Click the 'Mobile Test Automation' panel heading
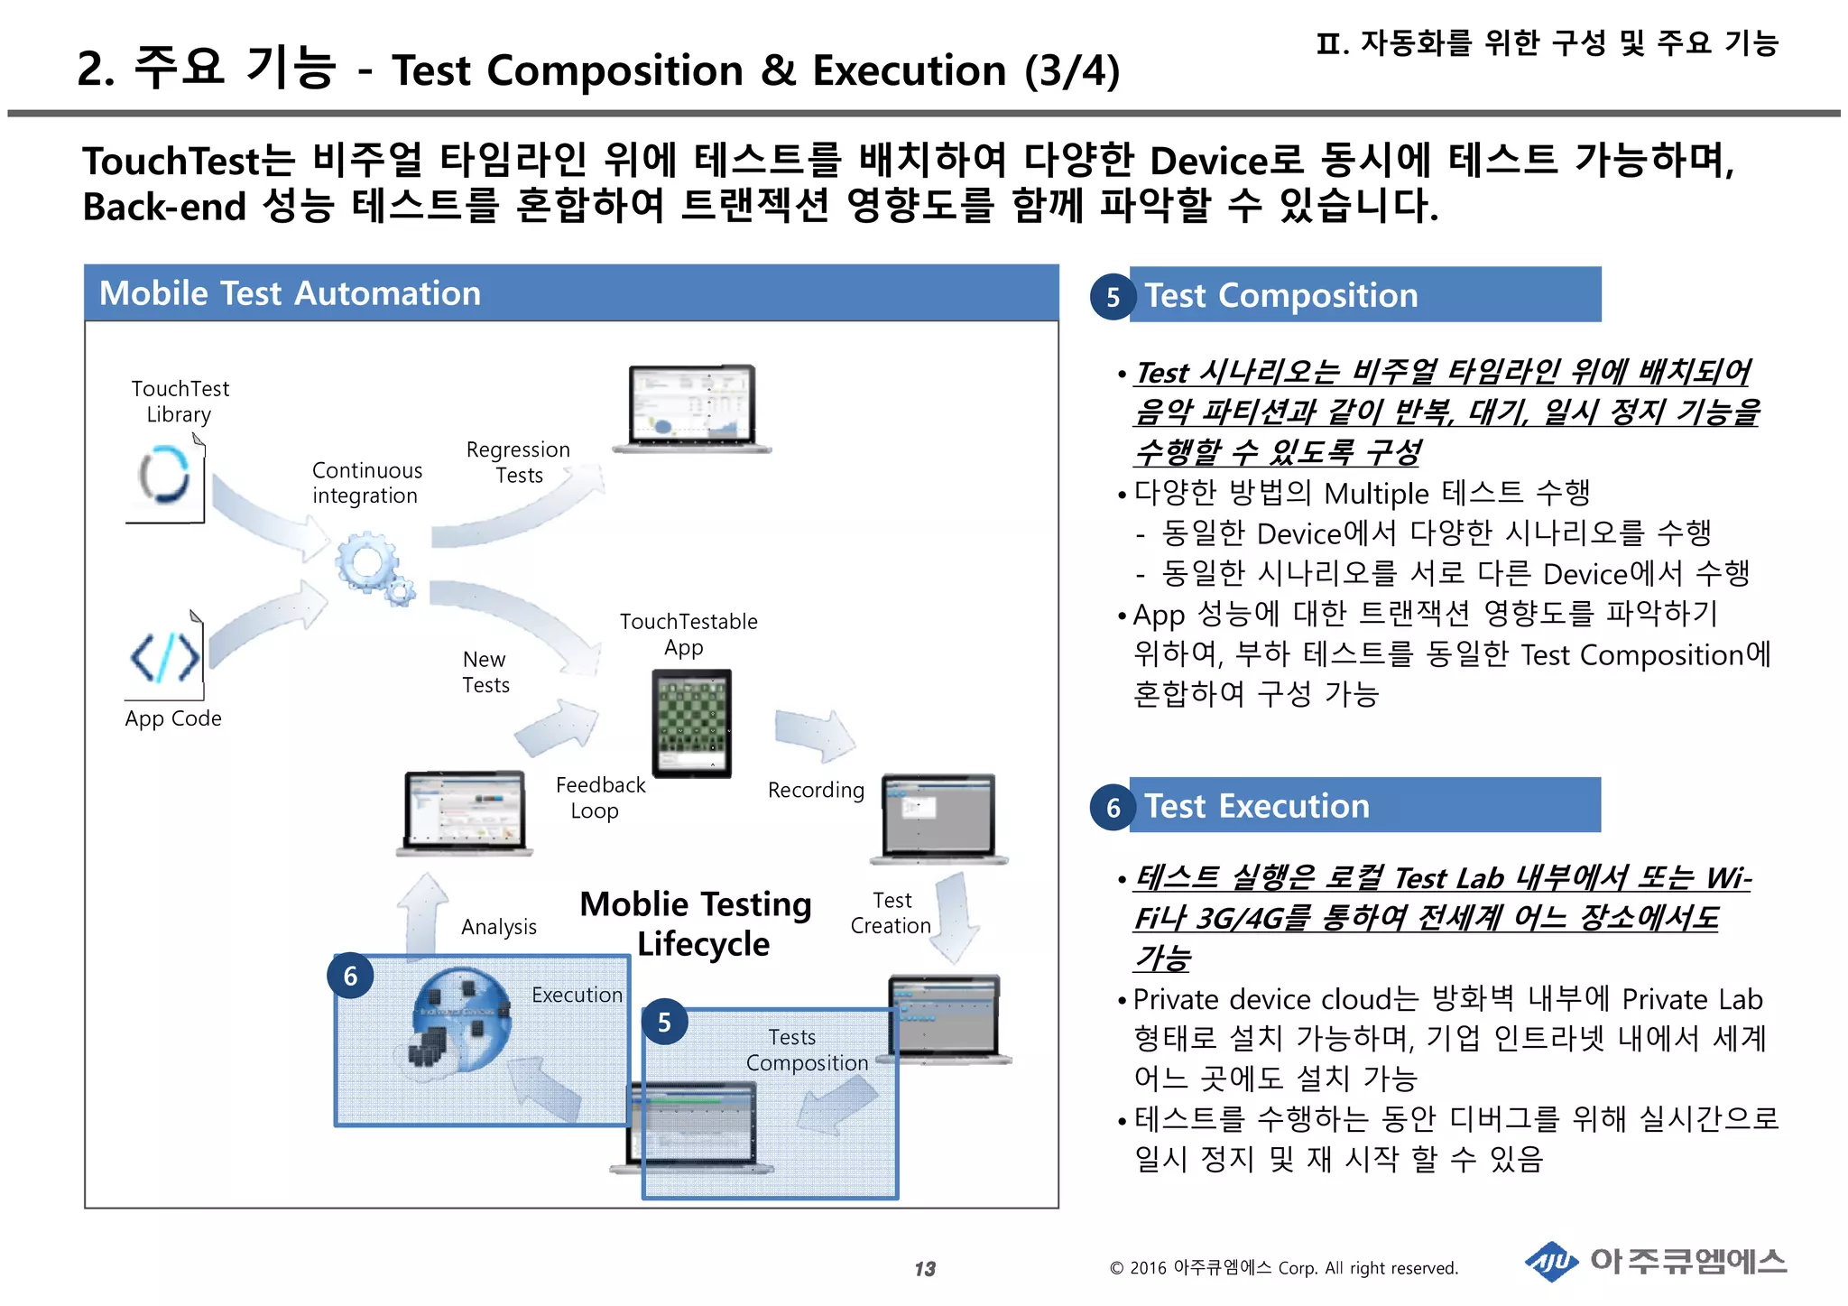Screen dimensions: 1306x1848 coord(290,293)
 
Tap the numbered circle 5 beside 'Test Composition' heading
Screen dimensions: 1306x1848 coord(1113,297)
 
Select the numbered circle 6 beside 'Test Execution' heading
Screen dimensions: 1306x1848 coord(1113,807)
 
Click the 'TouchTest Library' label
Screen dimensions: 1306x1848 coord(180,402)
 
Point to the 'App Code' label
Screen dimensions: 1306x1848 coord(173,718)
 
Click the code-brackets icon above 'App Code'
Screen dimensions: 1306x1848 coord(165,657)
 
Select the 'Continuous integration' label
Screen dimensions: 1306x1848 coord(366,483)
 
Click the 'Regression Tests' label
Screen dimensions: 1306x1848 coord(518,462)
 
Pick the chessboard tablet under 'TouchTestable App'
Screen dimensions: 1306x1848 coord(691,723)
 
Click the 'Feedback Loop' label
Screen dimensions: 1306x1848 coord(599,798)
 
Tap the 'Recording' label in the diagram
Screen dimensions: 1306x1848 coord(816,791)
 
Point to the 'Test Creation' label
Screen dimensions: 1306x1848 coord(891,913)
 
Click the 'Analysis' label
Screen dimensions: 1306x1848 coord(498,927)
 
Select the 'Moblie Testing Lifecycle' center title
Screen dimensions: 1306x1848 coord(697,923)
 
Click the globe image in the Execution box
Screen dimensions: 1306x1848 coord(460,1020)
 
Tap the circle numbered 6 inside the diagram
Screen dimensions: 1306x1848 coord(350,976)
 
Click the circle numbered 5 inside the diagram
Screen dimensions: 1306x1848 coord(664,1023)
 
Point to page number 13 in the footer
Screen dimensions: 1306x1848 coord(925,1269)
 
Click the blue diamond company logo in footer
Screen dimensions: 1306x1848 coord(1551,1262)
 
